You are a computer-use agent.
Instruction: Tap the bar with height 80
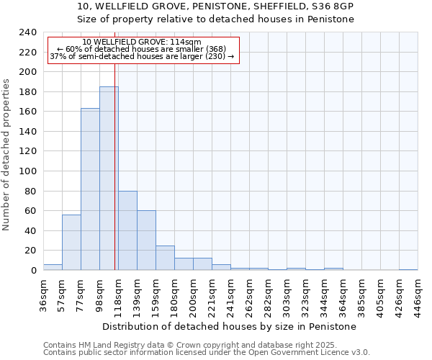(x=127, y=230)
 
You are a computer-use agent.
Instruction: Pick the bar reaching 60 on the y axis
(x=146, y=240)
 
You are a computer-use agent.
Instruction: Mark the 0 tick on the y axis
(x=33, y=271)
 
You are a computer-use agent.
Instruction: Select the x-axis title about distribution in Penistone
(x=230, y=326)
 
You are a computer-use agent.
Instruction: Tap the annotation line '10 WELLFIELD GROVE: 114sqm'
(x=142, y=42)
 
